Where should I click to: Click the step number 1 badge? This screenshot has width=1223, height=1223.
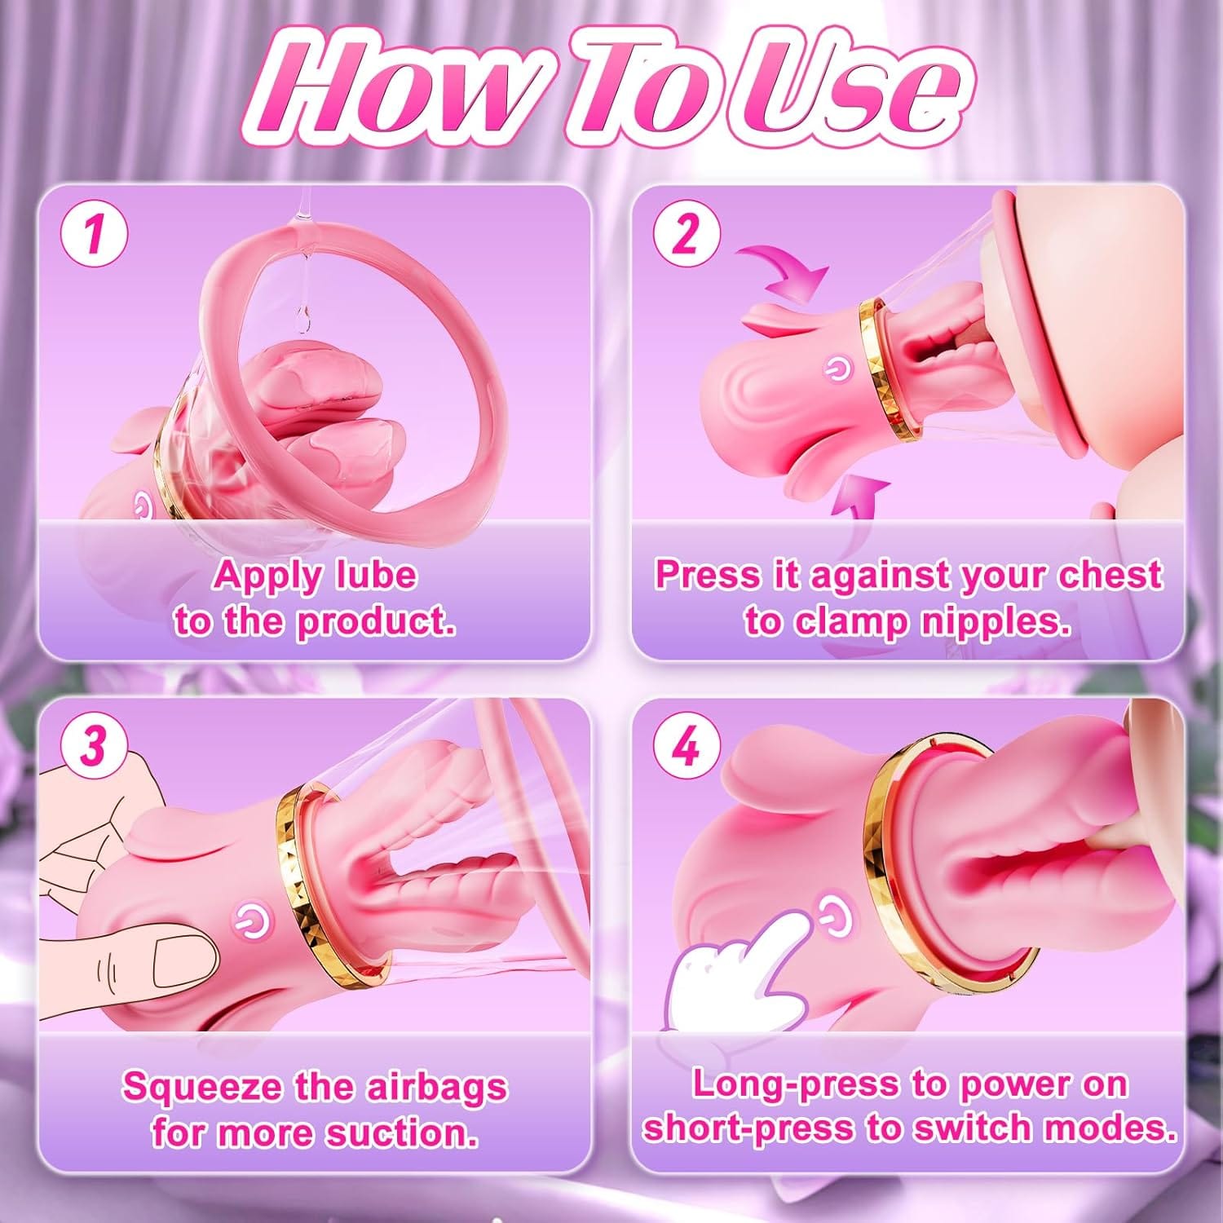click(x=95, y=234)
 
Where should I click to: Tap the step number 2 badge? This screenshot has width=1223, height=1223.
click(x=687, y=234)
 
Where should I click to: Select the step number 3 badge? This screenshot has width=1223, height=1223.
click(x=95, y=745)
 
